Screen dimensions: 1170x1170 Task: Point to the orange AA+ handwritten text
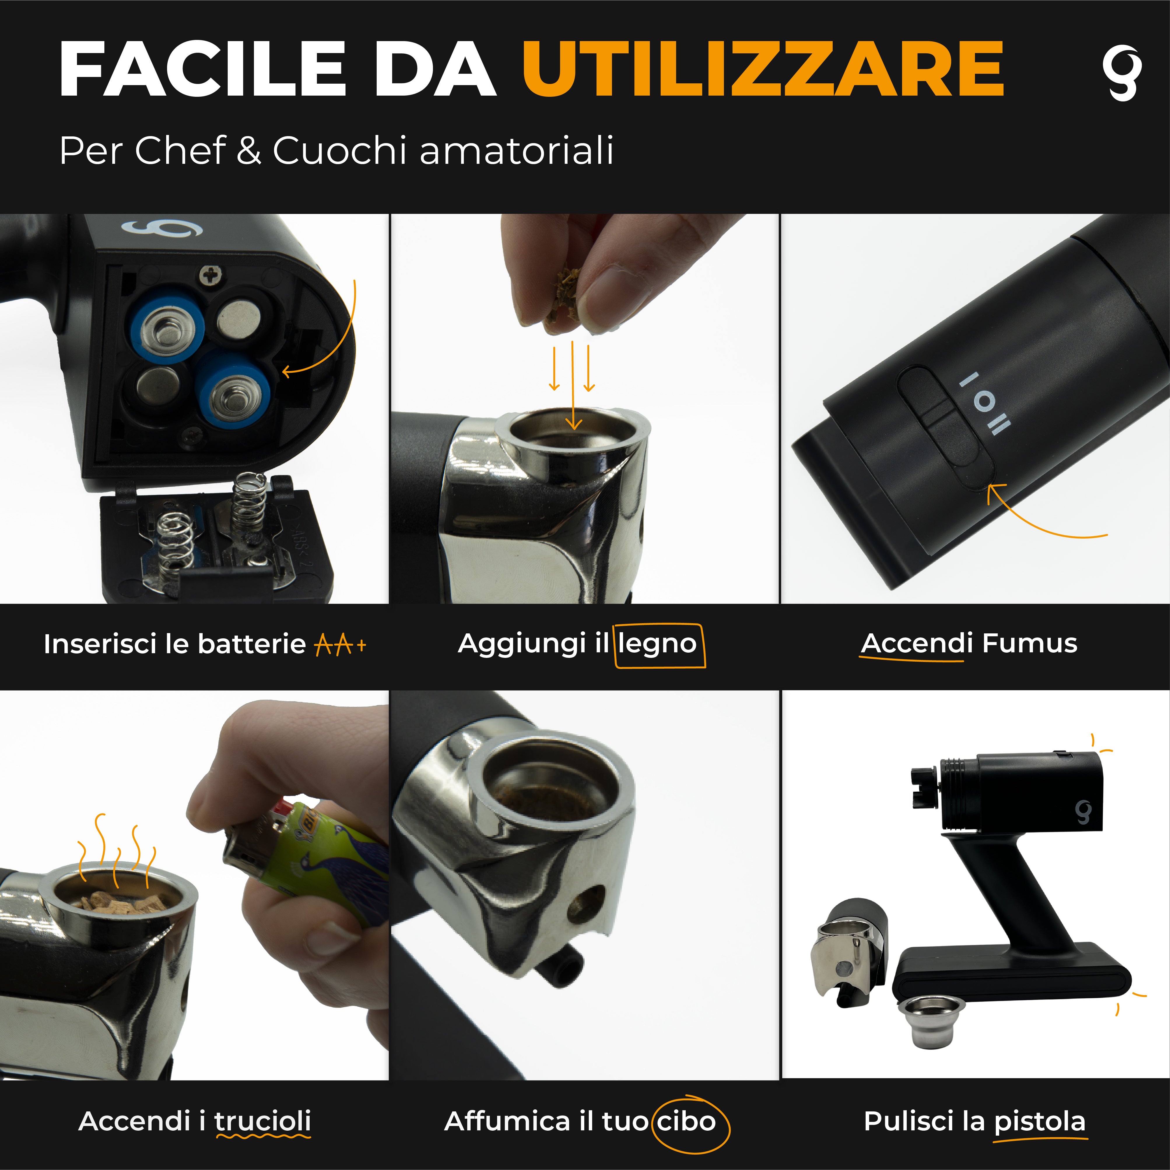click(x=340, y=644)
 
